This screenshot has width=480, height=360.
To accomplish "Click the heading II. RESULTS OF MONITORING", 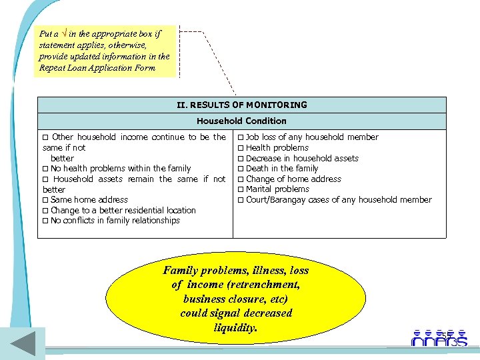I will pyautogui.click(x=241, y=105).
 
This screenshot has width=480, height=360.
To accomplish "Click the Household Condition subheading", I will pyautogui.click(x=241, y=121).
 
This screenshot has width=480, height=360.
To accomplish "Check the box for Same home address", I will pyautogui.click(x=45, y=200).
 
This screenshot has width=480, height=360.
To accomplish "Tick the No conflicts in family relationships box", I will pyautogui.click(x=45, y=221).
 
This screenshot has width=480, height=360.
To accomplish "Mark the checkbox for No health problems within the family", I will pyautogui.click(x=45, y=169).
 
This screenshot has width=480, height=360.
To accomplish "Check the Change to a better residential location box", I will pyautogui.click(x=45, y=211).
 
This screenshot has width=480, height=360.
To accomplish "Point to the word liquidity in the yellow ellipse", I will pyautogui.click(x=236, y=328).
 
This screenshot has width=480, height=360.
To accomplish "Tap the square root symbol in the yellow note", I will pyautogui.click(x=64, y=33).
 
